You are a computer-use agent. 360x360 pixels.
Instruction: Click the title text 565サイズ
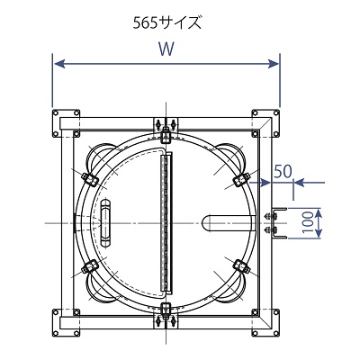(167, 23)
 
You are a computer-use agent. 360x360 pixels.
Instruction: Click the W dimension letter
(166, 49)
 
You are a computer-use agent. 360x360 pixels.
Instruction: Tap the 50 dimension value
(283, 172)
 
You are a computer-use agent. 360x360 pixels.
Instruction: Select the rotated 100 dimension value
(307, 223)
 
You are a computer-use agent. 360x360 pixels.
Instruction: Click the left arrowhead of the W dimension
(58, 64)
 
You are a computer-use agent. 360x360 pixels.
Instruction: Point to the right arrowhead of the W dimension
(274, 64)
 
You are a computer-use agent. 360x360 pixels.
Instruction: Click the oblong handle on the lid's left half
(105, 223)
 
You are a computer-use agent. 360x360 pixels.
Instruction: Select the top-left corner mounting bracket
(66, 123)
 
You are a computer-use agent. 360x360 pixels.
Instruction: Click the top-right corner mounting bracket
(265, 123)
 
